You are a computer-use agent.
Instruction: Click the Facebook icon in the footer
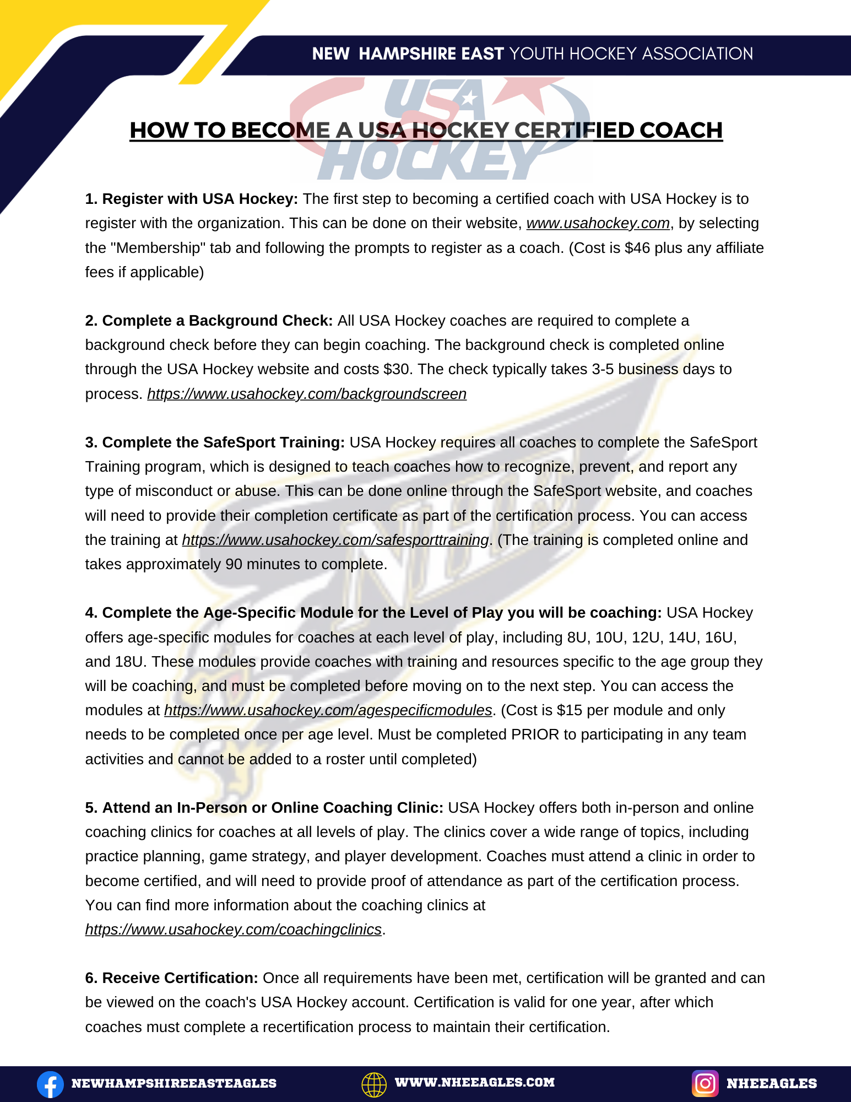[50, 1084]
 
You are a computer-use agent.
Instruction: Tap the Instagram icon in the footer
[705, 1083]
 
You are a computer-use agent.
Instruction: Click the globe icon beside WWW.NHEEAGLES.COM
[374, 1084]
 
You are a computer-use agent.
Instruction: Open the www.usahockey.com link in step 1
[598, 223]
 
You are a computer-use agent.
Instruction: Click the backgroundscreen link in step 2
[307, 394]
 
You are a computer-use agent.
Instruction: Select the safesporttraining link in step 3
[335, 540]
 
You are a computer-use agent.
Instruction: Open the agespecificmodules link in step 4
[328, 710]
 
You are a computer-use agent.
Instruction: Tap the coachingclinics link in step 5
[233, 930]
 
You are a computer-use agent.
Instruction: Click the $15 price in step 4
[569, 710]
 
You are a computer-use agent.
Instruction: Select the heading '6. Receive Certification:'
[171, 978]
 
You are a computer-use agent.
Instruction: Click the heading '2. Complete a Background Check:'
[209, 321]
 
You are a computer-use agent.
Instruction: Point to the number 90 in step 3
[234, 564]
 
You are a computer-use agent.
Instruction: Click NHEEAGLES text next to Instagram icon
[771, 1083]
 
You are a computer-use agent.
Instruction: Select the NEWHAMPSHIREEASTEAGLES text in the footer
[174, 1083]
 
